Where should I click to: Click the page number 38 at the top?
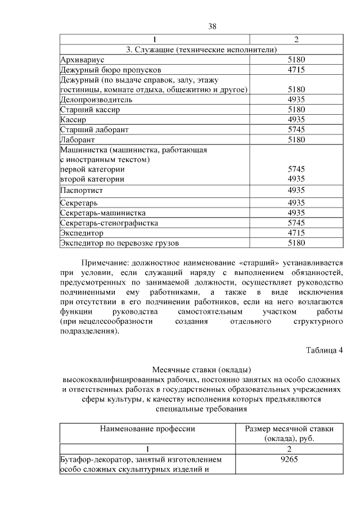(x=212, y=26)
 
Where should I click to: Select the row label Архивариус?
(x=82, y=60)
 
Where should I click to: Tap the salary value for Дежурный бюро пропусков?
(x=296, y=70)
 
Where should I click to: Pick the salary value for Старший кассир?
(x=296, y=110)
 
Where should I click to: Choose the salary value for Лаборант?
(x=296, y=139)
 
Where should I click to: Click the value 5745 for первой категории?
(x=296, y=169)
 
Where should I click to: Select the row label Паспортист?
(x=82, y=190)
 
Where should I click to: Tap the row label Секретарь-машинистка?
(x=103, y=213)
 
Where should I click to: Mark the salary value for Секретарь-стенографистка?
(x=296, y=223)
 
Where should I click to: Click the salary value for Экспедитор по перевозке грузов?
(x=296, y=243)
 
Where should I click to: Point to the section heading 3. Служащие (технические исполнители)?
(x=201, y=50)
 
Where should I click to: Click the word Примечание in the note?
(x=105, y=263)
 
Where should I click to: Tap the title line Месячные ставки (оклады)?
(x=201, y=370)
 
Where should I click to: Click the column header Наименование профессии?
(x=147, y=429)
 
